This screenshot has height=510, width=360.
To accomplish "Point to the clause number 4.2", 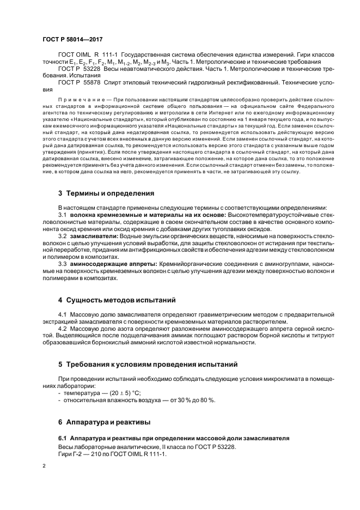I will coord(62,329).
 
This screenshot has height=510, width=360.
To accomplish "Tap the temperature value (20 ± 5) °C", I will coord(120,392).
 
